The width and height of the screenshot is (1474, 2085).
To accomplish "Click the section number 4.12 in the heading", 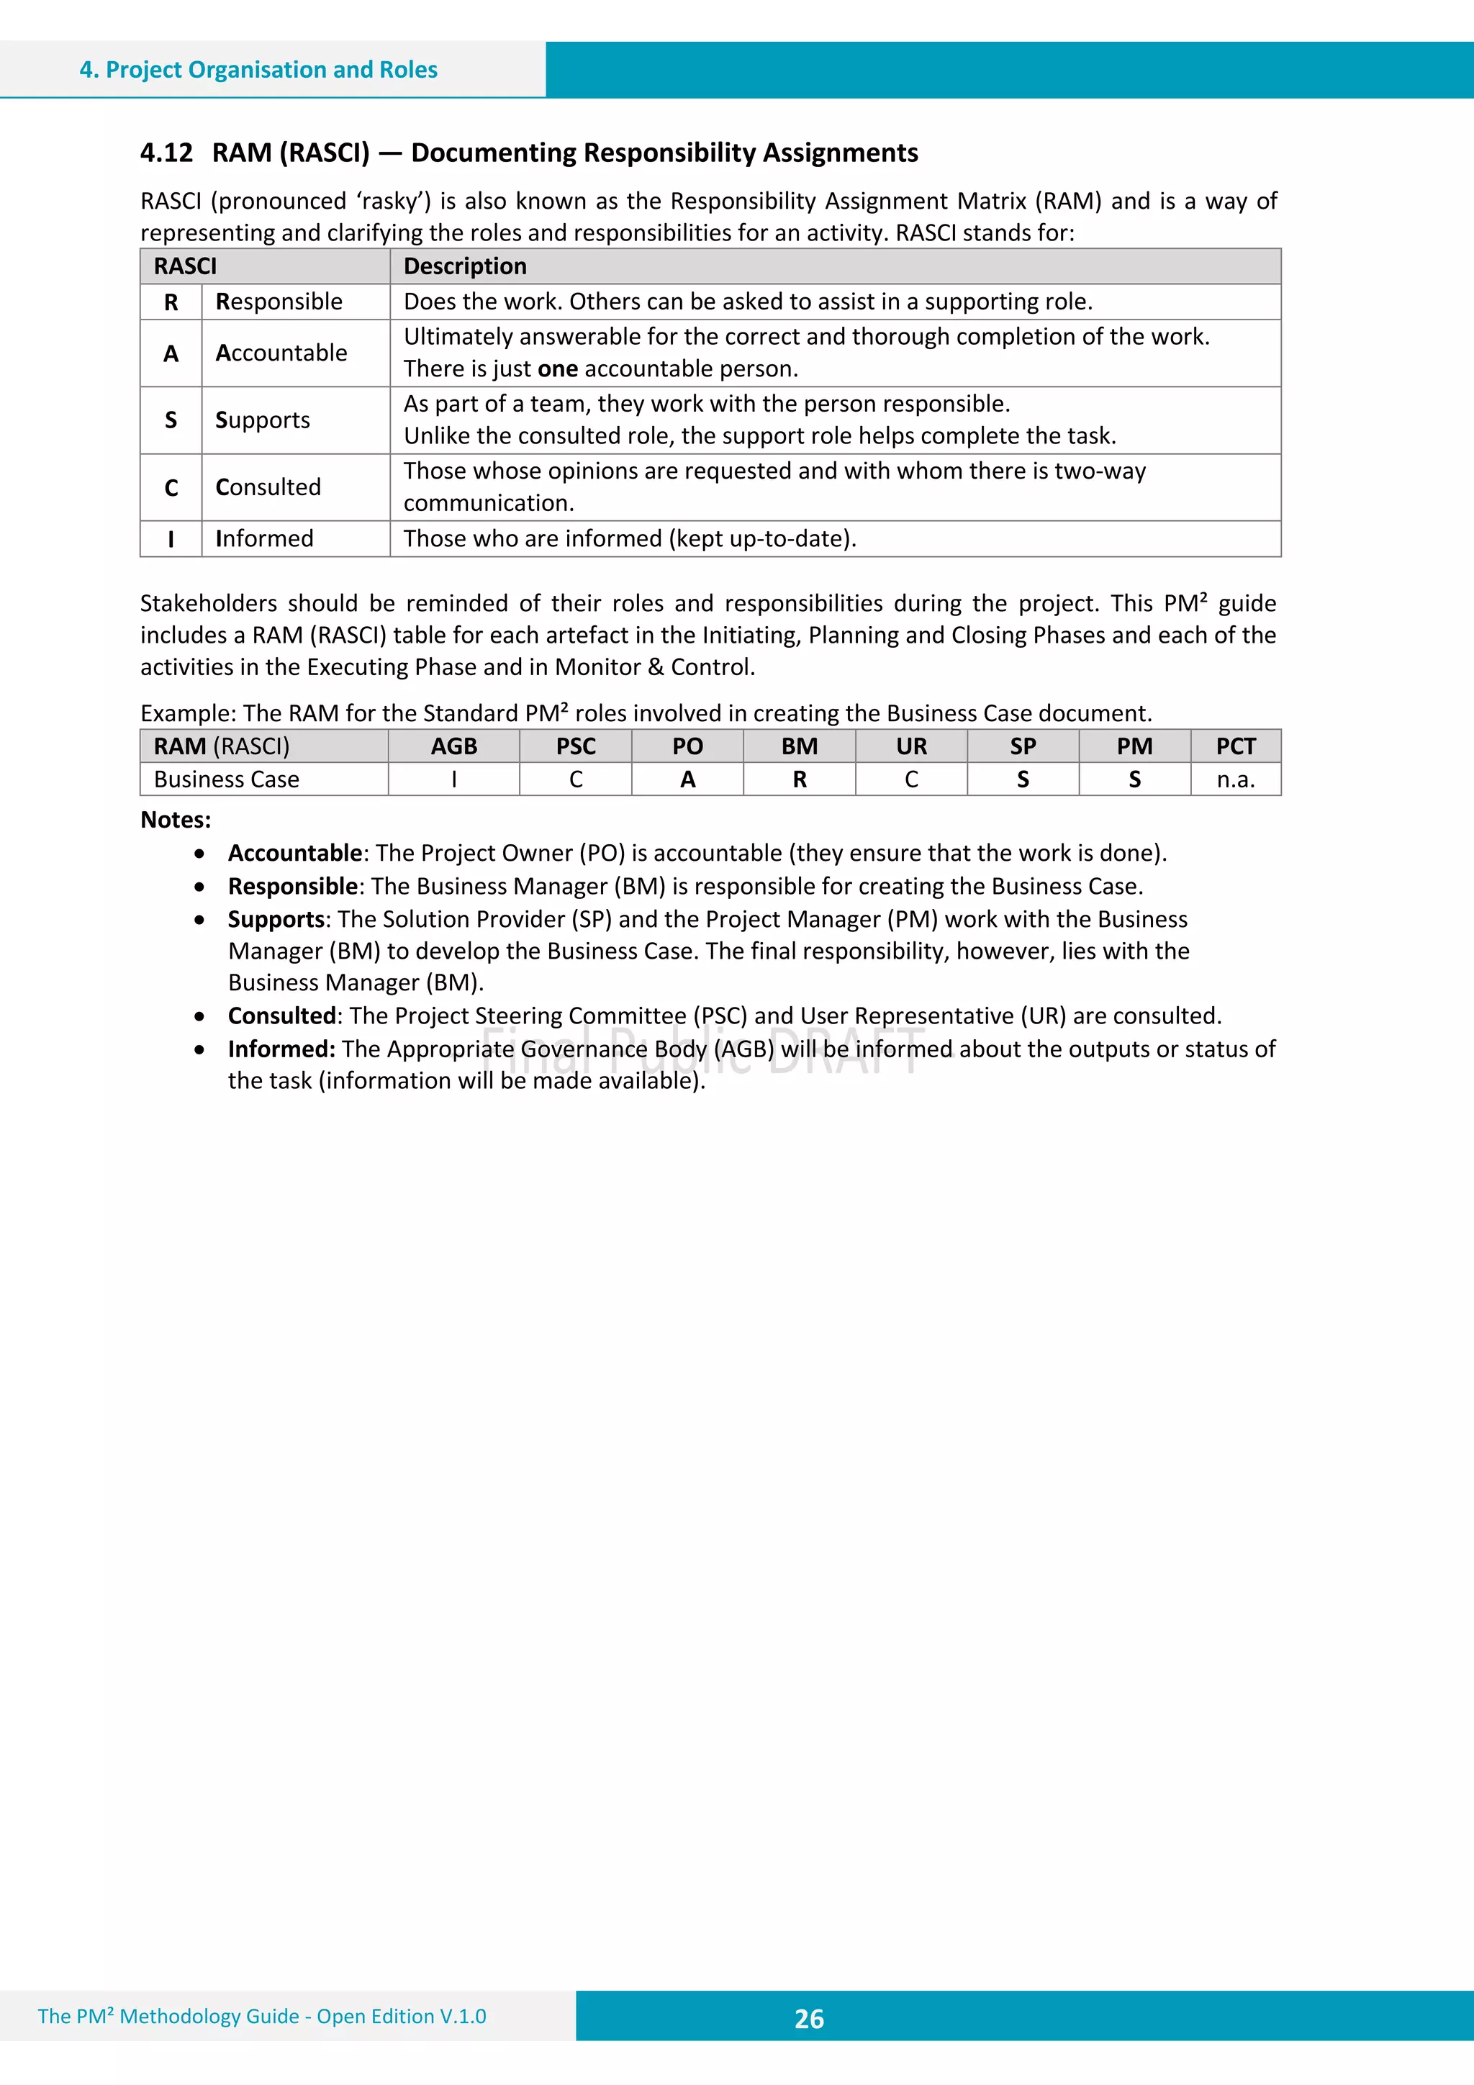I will pos(166,153).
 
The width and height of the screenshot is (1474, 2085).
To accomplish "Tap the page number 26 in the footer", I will pos(808,2018).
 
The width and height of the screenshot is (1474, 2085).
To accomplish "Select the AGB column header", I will pos(453,746).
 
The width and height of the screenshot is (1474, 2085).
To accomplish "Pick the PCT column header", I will pos(1235,746).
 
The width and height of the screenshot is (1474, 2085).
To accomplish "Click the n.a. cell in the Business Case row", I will pos(1235,780).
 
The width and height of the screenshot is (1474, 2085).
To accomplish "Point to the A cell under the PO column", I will pos(687,780).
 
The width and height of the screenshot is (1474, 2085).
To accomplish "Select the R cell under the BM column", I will pos(799,780).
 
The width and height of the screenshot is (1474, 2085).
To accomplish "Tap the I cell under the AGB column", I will pos(453,780).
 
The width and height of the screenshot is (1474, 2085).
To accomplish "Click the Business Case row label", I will pos(226,780).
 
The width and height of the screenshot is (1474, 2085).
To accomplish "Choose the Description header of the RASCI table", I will pos(465,266).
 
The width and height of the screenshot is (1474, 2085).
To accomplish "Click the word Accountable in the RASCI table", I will pos(281,353).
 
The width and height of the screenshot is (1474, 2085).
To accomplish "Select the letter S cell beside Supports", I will pos(171,420).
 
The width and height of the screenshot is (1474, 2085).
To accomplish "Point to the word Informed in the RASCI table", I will pos(264,538).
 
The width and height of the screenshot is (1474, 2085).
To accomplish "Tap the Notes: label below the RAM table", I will pos(176,820).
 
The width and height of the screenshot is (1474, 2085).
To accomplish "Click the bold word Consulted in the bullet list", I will pos(282,1016).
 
